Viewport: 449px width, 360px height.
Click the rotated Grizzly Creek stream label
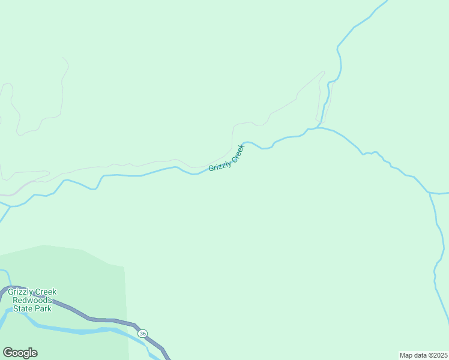tap(227, 158)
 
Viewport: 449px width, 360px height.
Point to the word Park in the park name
tap(42, 308)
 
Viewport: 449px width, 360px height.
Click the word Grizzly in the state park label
tap(20, 292)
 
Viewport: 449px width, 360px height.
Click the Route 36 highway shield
tap(142, 334)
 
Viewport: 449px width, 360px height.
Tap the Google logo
tap(20, 353)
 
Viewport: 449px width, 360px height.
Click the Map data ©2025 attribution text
tap(423, 355)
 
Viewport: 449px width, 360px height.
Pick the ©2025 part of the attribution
tap(436, 355)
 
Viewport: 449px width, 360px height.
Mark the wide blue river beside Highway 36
tap(72, 329)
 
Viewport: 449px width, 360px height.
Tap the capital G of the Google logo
tap(8, 353)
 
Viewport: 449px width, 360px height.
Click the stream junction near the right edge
tap(430, 193)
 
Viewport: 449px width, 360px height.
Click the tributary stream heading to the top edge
tap(354, 27)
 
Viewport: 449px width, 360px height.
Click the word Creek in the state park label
tap(46, 292)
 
